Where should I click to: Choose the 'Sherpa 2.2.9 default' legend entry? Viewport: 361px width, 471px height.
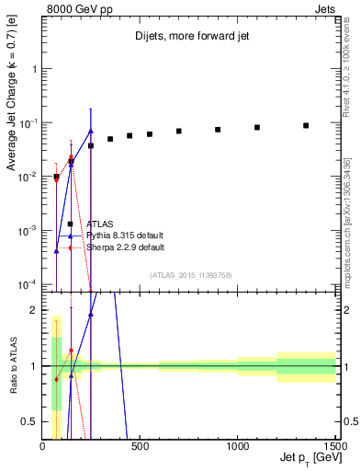(x=125, y=247)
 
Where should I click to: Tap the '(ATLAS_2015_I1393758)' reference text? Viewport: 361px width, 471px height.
(x=190, y=274)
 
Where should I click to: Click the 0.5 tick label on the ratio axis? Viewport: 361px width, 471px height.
(x=29, y=421)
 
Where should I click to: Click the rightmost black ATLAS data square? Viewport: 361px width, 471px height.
(x=306, y=125)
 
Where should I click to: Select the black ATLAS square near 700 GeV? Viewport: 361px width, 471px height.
(x=179, y=131)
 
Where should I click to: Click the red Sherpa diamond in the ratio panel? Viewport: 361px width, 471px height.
(x=56, y=379)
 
